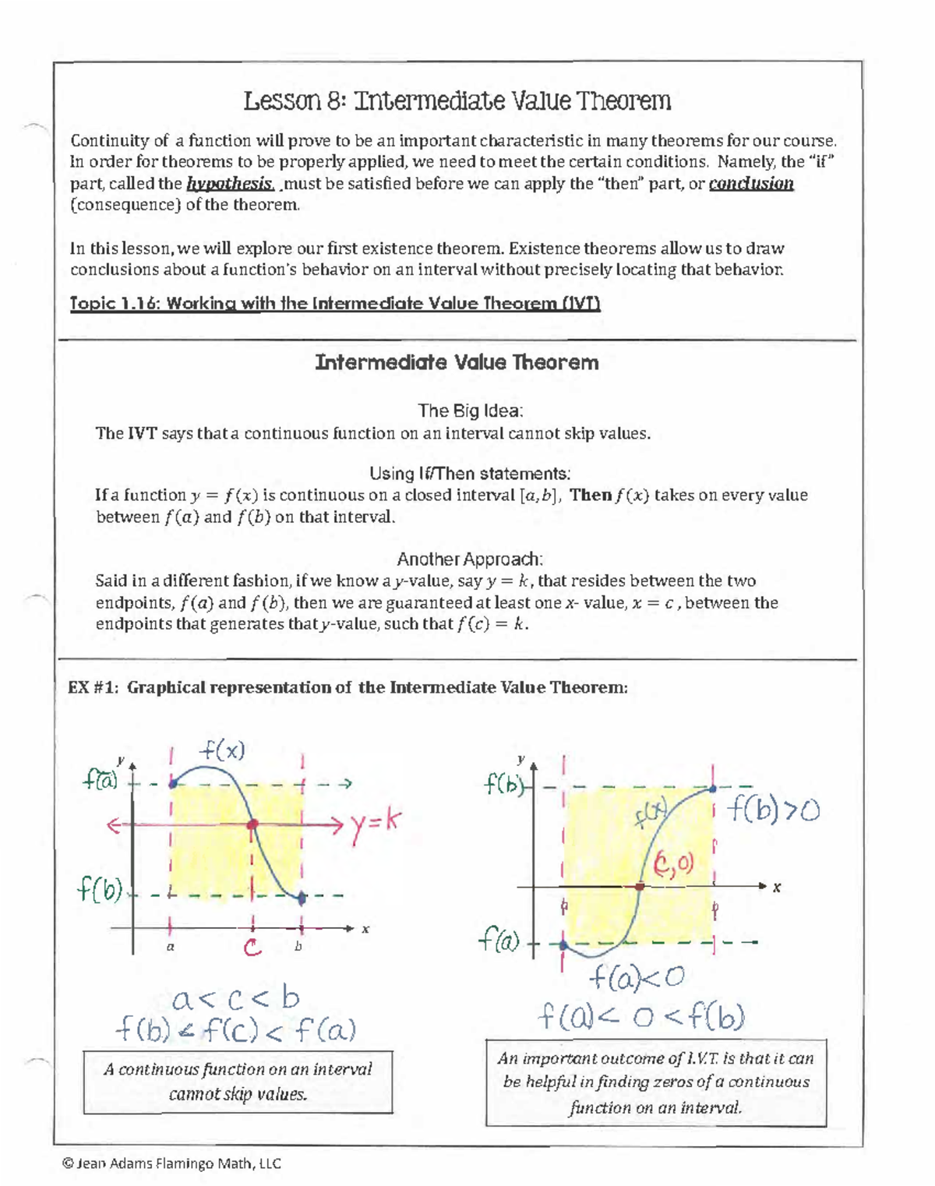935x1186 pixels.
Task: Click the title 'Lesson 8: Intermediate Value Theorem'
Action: [457, 101]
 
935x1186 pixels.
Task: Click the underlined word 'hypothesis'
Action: [230, 184]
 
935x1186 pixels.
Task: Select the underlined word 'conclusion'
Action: [751, 184]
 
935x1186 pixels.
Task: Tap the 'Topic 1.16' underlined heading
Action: [335, 304]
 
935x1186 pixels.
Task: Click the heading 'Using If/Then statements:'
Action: [470, 474]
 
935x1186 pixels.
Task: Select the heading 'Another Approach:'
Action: [470, 559]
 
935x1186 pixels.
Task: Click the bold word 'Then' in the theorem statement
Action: [590, 496]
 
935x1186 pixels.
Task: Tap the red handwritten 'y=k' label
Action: [376, 822]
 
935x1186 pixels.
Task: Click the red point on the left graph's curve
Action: [252, 824]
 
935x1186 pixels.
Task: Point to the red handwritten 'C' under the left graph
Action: [252, 948]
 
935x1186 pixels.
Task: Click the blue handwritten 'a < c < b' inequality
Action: [235, 998]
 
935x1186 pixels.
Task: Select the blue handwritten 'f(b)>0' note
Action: [773, 811]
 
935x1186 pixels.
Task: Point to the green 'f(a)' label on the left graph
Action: [101, 779]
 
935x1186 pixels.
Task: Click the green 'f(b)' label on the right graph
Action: [503, 784]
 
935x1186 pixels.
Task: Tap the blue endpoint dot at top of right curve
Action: [713, 789]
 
